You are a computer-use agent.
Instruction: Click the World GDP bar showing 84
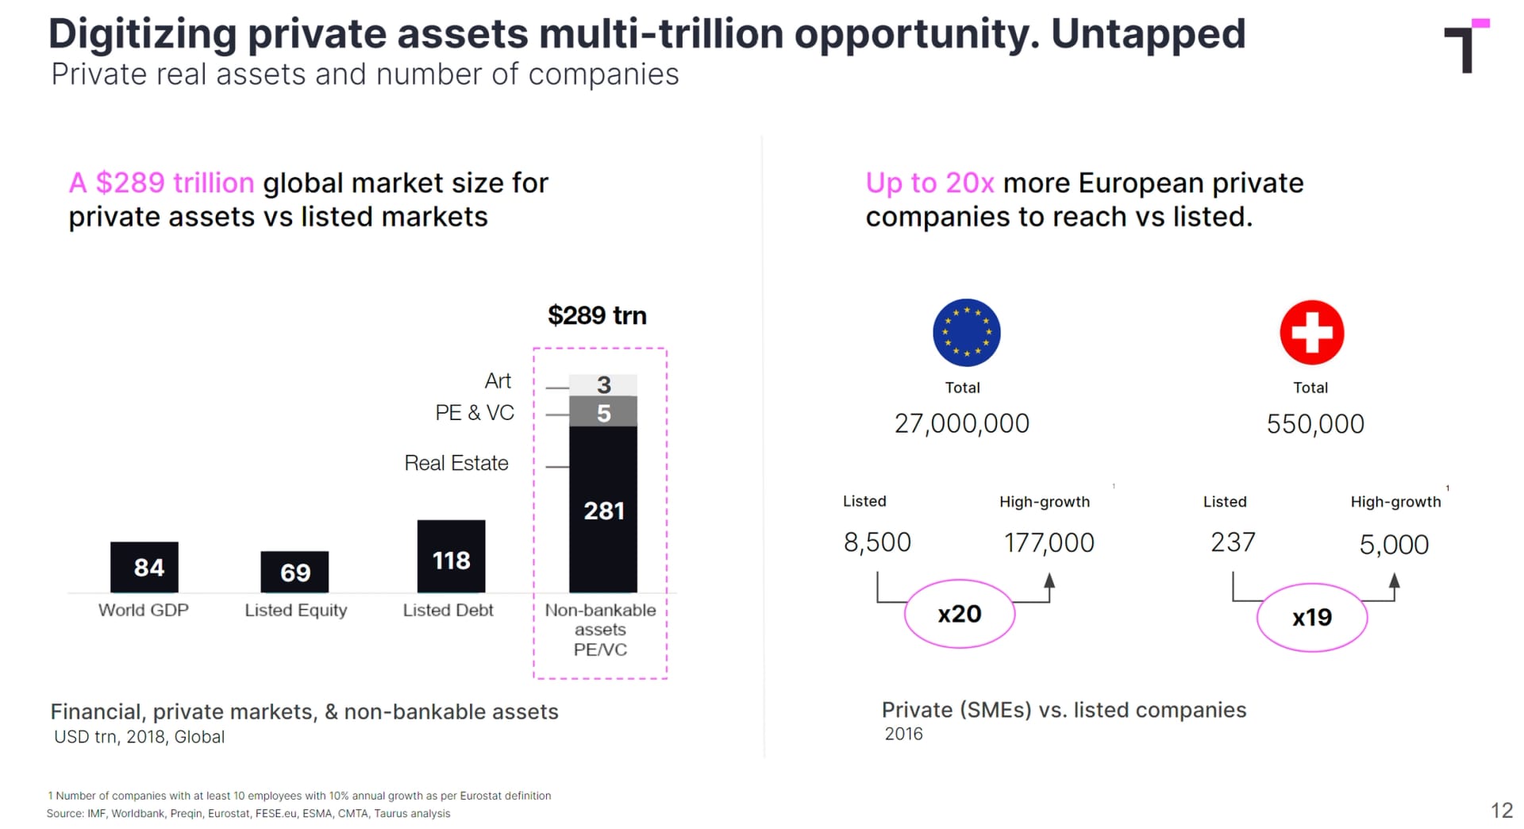click(x=144, y=567)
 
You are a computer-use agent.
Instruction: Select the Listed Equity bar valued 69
click(x=294, y=572)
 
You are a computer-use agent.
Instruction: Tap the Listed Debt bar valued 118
click(x=451, y=557)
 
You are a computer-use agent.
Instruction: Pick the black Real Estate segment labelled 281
click(x=603, y=510)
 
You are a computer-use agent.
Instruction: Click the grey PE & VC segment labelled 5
click(x=603, y=412)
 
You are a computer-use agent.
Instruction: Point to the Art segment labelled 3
click(x=603, y=384)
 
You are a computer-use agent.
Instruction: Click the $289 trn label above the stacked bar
click(x=597, y=315)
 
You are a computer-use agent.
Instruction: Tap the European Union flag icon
click(x=966, y=332)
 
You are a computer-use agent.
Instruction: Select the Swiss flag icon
click(x=1311, y=332)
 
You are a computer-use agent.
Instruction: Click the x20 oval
click(x=960, y=614)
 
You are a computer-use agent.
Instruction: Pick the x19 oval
click(x=1311, y=617)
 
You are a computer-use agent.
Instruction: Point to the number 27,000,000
click(x=961, y=423)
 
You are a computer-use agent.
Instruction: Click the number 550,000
click(x=1315, y=423)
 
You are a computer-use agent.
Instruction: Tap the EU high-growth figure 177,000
click(x=1049, y=543)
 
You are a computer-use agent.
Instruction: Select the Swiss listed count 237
click(x=1233, y=542)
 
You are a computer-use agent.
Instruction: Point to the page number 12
click(x=1501, y=810)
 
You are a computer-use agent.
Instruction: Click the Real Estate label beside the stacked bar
click(x=456, y=463)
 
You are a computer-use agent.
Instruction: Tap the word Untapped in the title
click(x=1148, y=34)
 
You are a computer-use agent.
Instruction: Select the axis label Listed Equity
click(x=295, y=610)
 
